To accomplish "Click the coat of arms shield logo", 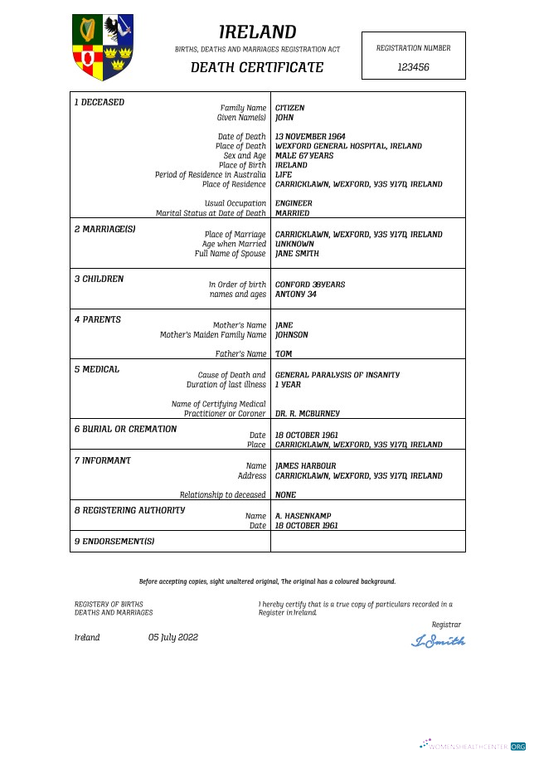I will click(103, 47).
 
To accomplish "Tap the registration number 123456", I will click(413, 67).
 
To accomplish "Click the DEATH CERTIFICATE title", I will click(257, 67).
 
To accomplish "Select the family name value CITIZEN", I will click(289, 108).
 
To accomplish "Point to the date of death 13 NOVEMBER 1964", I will click(310, 136).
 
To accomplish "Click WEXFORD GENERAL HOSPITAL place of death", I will click(348, 146).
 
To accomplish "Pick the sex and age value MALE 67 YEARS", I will click(303, 155).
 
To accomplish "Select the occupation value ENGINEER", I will click(294, 203).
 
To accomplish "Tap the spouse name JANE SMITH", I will click(296, 254).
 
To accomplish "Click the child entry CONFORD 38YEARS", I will click(309, 285).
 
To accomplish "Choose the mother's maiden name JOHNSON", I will click(291, 335).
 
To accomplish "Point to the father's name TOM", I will click(283, 354).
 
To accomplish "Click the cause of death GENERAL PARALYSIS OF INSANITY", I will click(337, 375).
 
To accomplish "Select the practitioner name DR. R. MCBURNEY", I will click(307, 413).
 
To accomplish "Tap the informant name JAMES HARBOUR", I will click(305, 466).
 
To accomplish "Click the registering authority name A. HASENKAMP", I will click(303, 516).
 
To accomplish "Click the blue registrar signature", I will click(439, 640).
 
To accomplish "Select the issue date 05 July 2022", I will click(173, 637).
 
